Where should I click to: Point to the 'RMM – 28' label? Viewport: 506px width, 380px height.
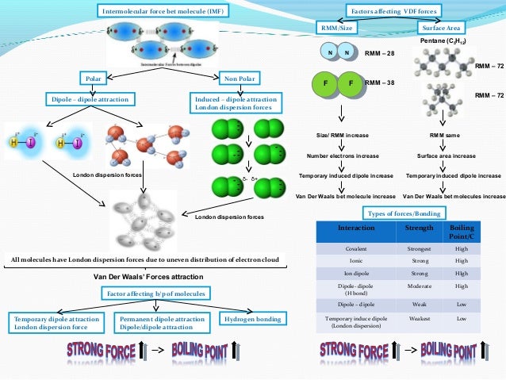point(379,54)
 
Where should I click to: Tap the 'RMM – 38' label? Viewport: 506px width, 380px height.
point(379,82)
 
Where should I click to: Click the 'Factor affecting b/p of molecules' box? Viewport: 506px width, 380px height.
point(155,294)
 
